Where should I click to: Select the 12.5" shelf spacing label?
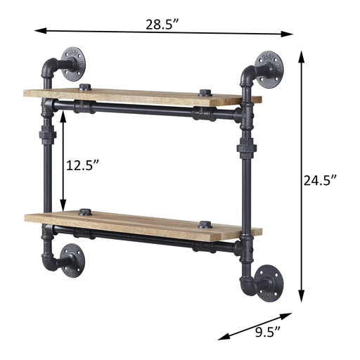pyautogui.click(x=83, y=166)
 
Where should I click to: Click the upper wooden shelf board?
pyautogui.click(x=141, y=97)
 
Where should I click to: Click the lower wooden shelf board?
pyautogui.click(x=141, y=221)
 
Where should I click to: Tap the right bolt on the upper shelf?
pyautogui.click(x=205, y=93)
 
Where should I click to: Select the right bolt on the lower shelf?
pyautogui.click(x=205, y=225)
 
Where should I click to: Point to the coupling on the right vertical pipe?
pyautogui.click(x=247, y=148)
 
